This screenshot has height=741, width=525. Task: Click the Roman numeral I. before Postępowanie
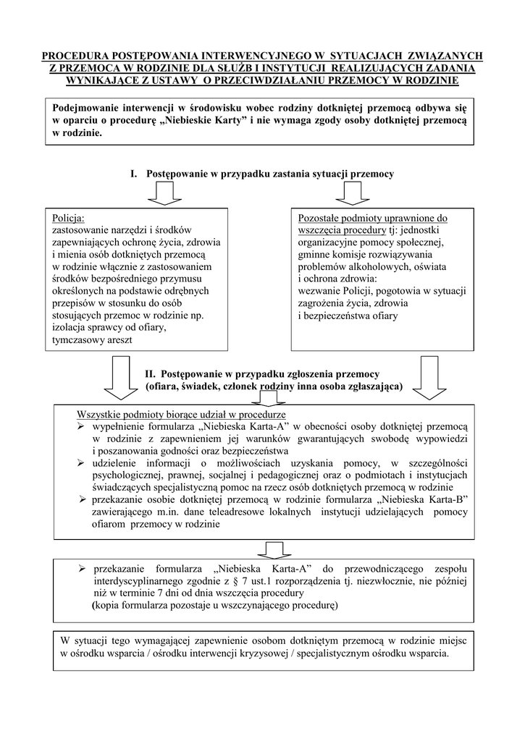tap(134, 174)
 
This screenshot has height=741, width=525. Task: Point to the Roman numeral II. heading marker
tap(151, 374)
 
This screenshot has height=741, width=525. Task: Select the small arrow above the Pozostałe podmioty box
tap(353, 194)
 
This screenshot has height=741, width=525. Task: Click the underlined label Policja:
tap(69, 219)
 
